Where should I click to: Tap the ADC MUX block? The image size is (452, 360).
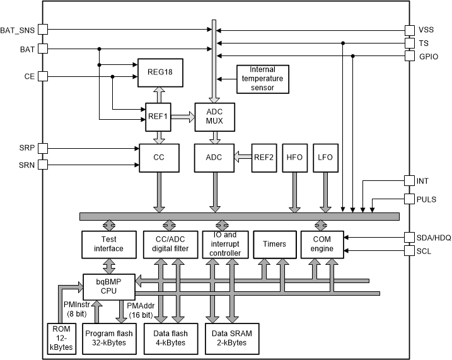pyautogui.click(x=214, y=117)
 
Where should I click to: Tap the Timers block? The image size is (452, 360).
pyautogui.click(x=274, y=244)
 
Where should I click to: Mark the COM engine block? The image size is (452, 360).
pyautogui.click(x=321, y=244)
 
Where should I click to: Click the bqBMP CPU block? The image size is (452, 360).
pyautogui.click(x=109, y=286)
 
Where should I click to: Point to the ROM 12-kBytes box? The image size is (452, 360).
pyautogui.click(x=62, y=339)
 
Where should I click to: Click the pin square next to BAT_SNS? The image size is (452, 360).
pyautogui.click(x=42, y=30)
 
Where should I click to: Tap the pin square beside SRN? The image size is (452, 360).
pyautogui.click(x=42, y=165)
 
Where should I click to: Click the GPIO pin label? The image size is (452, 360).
pyautogui.click(x=429, y=56)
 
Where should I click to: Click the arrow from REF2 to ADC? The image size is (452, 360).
pyautogui.click(x=243, y=157)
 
